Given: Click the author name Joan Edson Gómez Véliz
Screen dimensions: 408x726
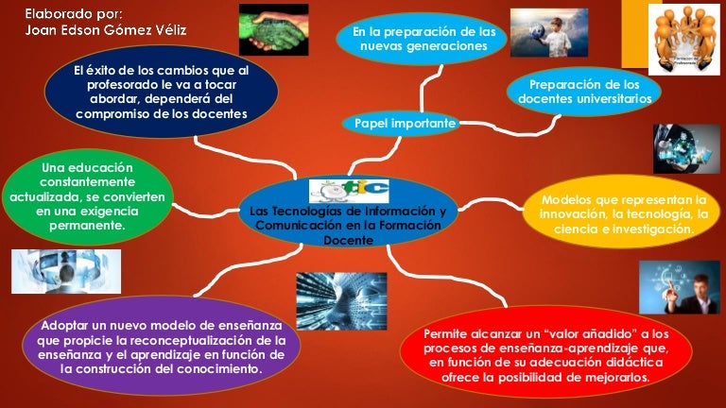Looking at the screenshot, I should click(105, 30).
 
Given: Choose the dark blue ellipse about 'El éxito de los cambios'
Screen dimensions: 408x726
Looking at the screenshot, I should click(162, 91).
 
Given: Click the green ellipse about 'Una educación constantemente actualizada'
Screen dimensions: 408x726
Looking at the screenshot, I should click(87, 197).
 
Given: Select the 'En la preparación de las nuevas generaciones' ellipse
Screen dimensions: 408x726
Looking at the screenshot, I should click(423, 39).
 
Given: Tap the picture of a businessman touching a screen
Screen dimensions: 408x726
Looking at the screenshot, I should click(679, 288).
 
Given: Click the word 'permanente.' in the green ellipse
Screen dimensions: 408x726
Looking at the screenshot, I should click(87, 227).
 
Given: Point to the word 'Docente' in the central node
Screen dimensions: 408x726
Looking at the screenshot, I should click(348, 240).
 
